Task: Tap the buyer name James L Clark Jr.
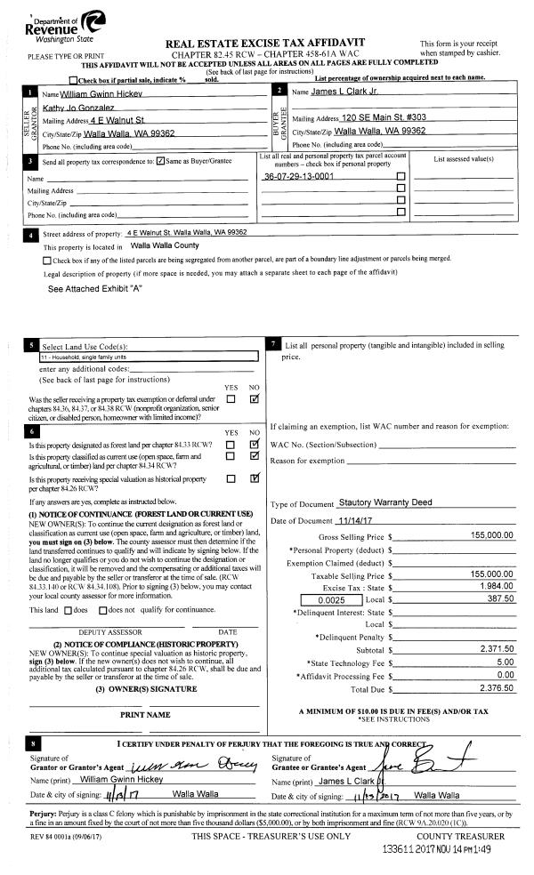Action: click(357, 92)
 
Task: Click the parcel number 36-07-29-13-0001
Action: click(299, 176)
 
